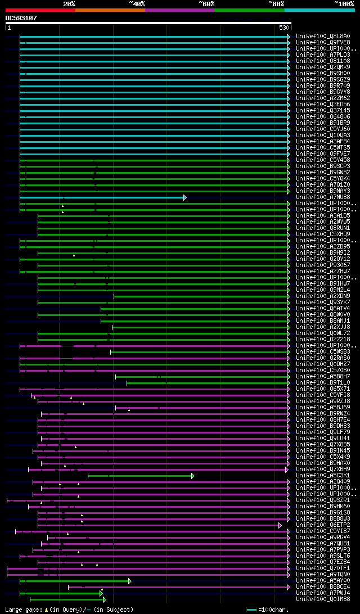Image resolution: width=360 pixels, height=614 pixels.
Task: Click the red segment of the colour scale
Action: pos(40,10)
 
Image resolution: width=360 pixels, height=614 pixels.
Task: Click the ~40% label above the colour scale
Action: pos(137,4)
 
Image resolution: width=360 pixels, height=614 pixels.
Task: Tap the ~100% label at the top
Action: pos(345,4)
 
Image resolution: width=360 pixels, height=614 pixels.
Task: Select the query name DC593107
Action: pos(21,18)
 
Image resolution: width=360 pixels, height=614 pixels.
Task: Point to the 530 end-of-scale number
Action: pos(283,28)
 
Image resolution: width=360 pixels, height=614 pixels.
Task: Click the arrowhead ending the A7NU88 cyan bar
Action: pos(184,197)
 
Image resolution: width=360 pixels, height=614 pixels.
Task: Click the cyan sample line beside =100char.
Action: pos(251,610)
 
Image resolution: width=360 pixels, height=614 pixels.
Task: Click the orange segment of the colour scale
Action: pos(110,10)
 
